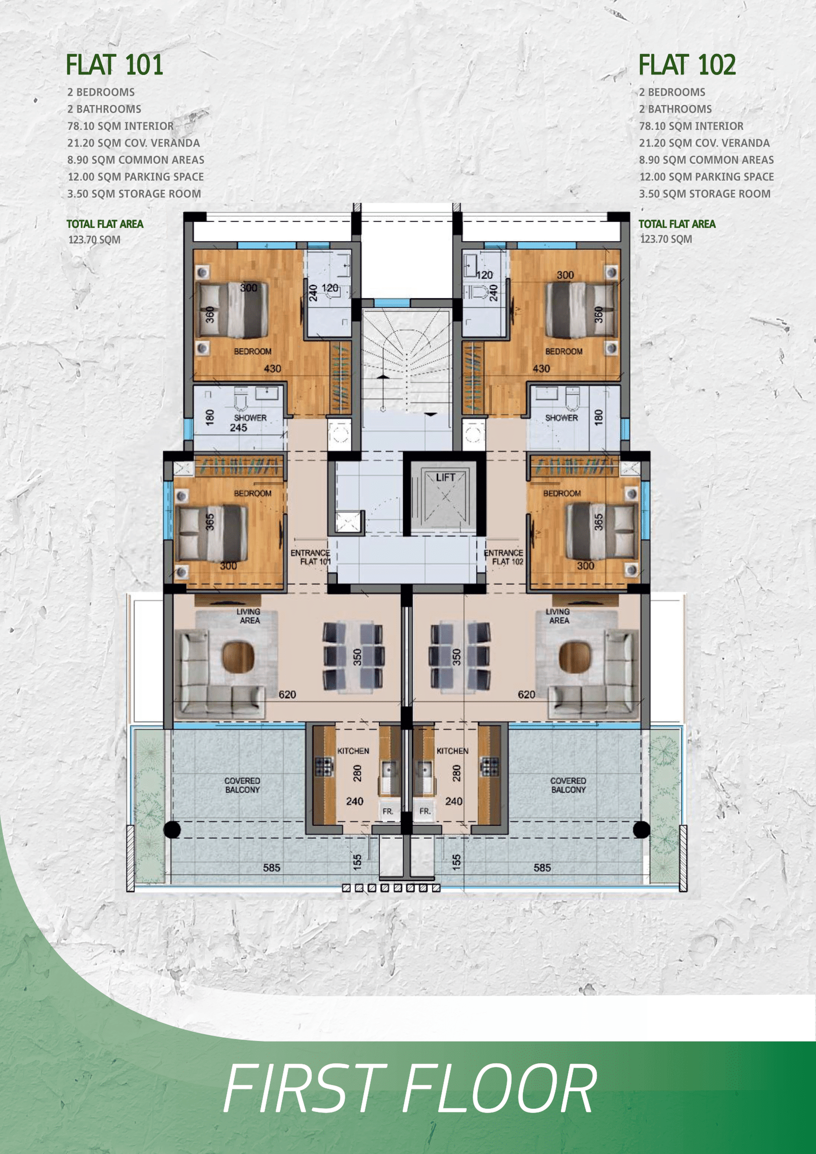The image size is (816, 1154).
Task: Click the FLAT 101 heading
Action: click(x=114, y=65)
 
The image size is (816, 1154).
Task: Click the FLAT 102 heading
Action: click(x=687, y=65)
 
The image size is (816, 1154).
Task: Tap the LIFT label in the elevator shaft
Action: click(x=445, y=478)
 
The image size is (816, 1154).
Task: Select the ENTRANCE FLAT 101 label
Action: click(x=310, y=557)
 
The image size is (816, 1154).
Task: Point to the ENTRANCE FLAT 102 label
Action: click(x=504, y=557)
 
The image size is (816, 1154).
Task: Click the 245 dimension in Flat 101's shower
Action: click(x=238, y=428)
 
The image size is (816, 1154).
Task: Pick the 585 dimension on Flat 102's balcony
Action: click(x=542, y=867)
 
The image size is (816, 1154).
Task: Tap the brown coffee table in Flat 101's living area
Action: click(x=238, y=657)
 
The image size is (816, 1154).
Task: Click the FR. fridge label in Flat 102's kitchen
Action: click(x=425, y=811)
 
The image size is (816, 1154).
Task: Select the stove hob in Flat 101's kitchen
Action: click(x=324, y=767)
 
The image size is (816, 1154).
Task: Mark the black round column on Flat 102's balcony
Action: click(x=641, y=829)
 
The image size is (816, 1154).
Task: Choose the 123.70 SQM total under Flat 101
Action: click(x=94, y=240)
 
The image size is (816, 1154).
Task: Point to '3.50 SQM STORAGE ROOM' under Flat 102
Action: click(x=705, y=193)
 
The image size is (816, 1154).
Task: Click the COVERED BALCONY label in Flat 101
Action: click(x=242, y=785)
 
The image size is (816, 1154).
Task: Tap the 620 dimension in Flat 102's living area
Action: click(x=526, y=694)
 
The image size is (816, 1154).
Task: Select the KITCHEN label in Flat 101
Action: click(x=353, y=751)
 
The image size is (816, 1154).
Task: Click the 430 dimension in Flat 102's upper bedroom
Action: click(x=541, y=369)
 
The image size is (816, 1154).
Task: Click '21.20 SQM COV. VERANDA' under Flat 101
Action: click(x=134, y=143)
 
